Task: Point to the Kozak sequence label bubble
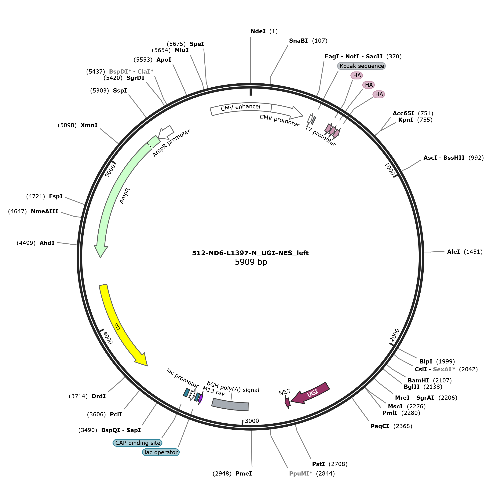[361, 66]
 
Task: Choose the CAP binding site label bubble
[138, 443]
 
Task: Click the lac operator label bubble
[161, 452]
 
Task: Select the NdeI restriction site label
[258, 31]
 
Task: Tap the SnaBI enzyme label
[298, 41]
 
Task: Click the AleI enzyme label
[454, 252]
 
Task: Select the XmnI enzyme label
[89, 125]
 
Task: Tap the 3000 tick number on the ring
[252, 421]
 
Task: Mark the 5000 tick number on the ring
[110, 171]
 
